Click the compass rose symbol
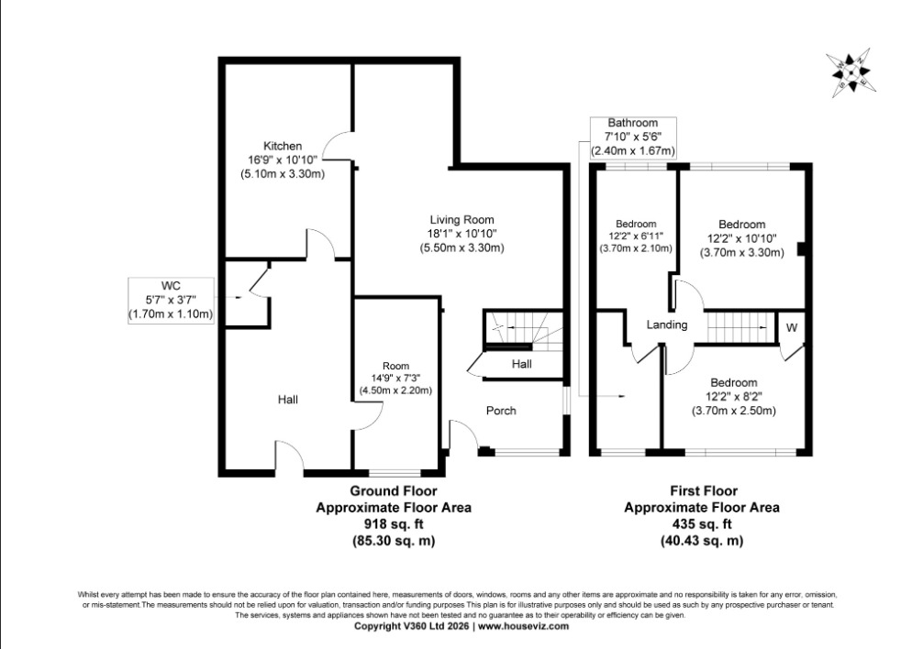(x=851, y=73)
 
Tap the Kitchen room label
(x=283, y=146)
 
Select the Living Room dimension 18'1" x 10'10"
(x=462, y=234)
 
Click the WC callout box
(x=171, y=301)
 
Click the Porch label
(x=501, y=411)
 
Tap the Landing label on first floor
(x=667, y=324)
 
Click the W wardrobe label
(x=792, y=327)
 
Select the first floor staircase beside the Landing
(x=738, y=327)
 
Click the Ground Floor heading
(x=394, y=490)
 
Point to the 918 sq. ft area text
(x=394, y=523)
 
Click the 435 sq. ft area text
(x=702, y=523)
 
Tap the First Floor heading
(x=704, y=490)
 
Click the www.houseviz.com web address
(x=523, y=626)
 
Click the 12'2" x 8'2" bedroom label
(x=733, y=397)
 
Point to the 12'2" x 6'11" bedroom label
(x=636, y=236)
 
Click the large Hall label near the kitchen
(x=288, y=400)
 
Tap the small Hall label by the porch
(x=521, y=364)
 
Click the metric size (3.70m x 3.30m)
(x=741, y=253)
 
